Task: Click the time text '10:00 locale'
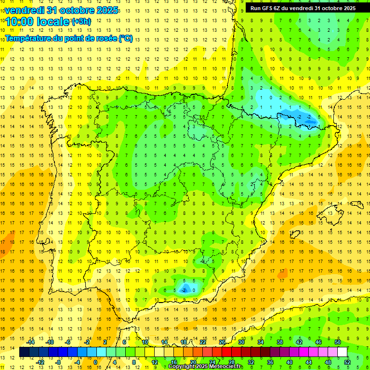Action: [38, 21]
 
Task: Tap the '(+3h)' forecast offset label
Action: [81, 21]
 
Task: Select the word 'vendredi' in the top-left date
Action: [24, 10]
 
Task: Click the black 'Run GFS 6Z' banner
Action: [303, 8]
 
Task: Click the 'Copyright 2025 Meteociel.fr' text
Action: [206, 367]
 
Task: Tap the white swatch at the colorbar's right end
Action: [342, 352]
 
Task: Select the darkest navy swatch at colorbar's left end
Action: [24, 352]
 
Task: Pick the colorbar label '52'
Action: [347, 362]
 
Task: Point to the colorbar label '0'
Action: [95, 362]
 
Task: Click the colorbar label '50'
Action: [338, 342]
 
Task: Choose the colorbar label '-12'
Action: [40, 362]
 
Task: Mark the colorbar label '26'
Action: [222, 342]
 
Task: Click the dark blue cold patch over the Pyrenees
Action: [305, 118]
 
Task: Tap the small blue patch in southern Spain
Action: [185, 289]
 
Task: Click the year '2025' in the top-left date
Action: [105, 10]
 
